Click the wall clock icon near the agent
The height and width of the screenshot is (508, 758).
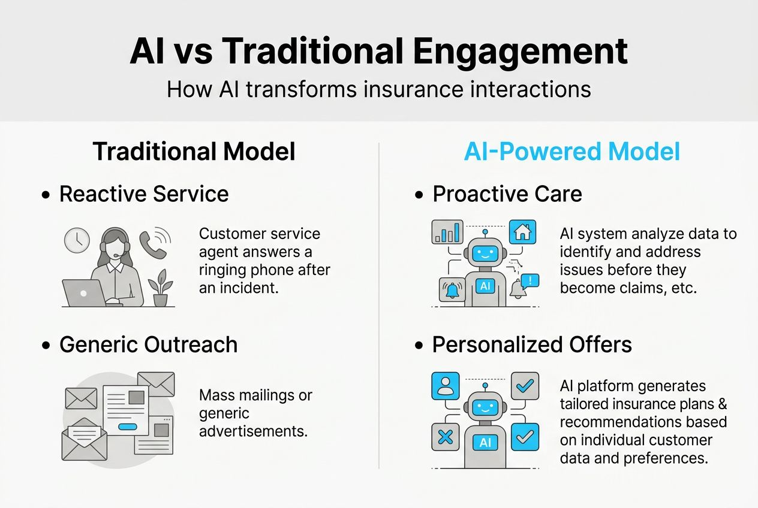pos(77,240)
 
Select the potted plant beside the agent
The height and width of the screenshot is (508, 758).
pos(160,288)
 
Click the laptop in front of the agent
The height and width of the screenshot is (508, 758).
pos(82,293)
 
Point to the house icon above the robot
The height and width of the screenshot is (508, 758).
pos(522,232)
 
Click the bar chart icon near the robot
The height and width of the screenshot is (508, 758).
pos(447,232)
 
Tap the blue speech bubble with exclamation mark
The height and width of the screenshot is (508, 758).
pos(530,280)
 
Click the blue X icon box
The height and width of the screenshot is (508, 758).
pos(446,437)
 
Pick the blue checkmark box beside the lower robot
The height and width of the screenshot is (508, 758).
pos(525,437)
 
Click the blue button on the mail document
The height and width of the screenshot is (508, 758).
pos(128,426)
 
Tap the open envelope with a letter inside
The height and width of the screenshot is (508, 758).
pos(84,440)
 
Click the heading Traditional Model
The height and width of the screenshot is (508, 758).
pos(194,152)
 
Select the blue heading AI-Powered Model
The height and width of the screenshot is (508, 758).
pos(572,152)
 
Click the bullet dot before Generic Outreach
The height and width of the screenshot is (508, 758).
pos(46,346)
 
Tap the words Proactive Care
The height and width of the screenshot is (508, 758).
pos(507,194)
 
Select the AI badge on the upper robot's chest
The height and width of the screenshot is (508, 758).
pos(485,286)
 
